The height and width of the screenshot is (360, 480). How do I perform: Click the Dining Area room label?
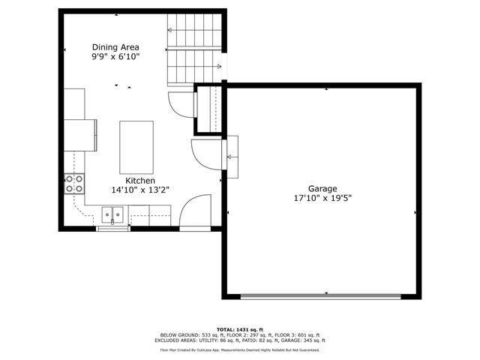pos(115,46)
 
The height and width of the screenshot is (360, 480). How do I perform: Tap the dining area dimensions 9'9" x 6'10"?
pos(115,56)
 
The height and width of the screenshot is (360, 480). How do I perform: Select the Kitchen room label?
pos(140,181)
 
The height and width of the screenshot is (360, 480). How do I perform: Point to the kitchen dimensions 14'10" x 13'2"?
pos(140,190)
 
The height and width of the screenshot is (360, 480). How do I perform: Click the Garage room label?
pos(322,188)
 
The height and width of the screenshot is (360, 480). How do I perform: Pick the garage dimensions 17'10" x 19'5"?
pos(322,198)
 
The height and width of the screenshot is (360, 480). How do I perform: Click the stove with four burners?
pos(73,184)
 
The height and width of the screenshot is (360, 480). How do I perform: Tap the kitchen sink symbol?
pos(112,217)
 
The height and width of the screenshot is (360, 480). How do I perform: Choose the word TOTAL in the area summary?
pos(227,329)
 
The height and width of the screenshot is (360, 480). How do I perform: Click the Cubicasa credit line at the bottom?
pos(239,349)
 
